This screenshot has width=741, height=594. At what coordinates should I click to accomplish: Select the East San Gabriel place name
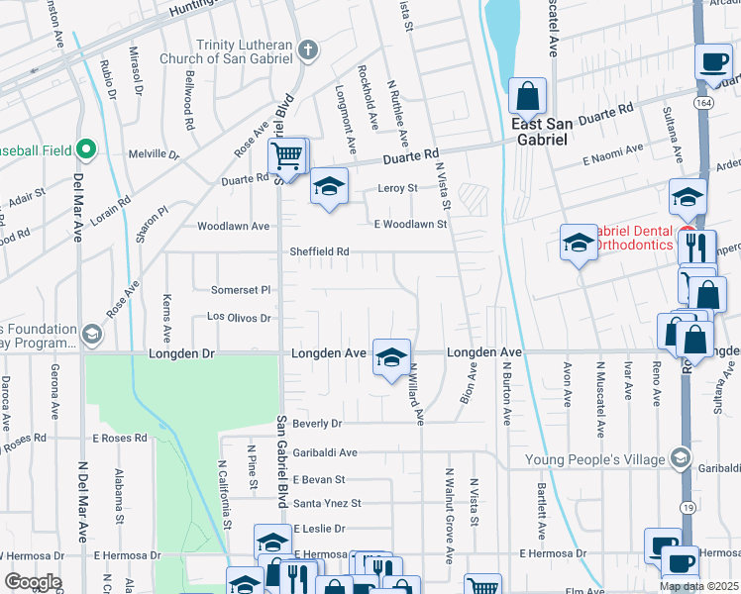[539, 132]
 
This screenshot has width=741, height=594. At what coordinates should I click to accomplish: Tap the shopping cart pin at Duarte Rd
[286, 155]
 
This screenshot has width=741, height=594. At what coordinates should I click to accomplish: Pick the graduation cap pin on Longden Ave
[391, 356]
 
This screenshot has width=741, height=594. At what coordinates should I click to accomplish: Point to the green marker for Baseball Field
[86, 150]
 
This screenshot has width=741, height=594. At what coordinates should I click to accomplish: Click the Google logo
[32, 582]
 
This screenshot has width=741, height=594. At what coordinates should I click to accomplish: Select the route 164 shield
[702, 102]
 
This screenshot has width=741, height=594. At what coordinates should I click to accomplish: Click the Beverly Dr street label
[317, 423]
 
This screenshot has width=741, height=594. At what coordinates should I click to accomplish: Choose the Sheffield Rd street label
[319, 251]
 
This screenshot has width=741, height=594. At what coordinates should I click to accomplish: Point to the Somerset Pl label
[241, 290]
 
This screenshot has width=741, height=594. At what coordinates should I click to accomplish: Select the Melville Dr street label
[154, 154]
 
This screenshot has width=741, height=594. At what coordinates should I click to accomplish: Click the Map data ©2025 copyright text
[698, 586]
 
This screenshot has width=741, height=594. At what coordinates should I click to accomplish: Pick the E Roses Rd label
[120, 437]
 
